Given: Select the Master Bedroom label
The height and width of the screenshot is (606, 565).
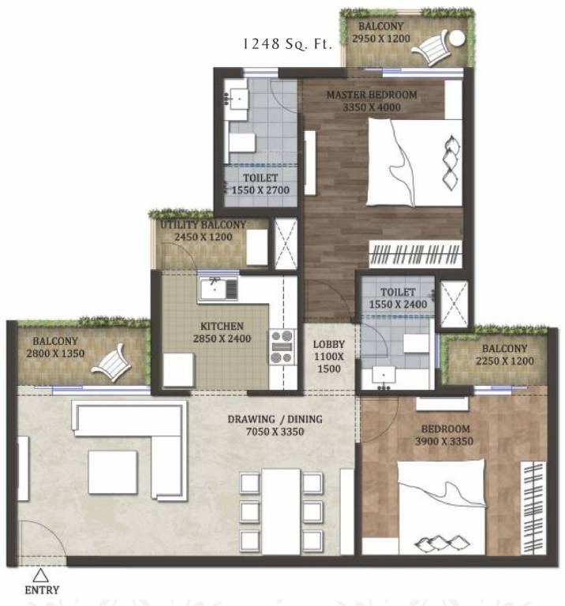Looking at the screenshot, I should tap(372, 96).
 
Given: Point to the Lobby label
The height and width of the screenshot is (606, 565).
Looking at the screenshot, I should tap(327, 345).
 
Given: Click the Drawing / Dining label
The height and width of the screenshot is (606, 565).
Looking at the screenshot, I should tap(275, 420).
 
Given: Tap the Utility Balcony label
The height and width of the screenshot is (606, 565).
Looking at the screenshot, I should tap(204, 225).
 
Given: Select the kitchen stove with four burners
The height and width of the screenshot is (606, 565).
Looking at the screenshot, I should tap(282, 347).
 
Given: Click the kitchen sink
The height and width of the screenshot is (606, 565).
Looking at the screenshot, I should tap(218, 290).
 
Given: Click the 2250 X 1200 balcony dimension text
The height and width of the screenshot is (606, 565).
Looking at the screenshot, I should tap(504, 361).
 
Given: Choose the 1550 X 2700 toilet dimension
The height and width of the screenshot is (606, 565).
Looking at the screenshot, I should tap(260, 190).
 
